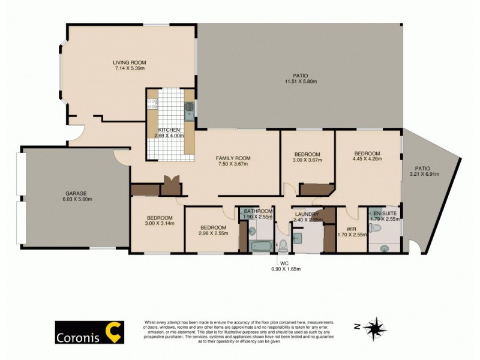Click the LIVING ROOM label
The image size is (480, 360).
coord(130,62)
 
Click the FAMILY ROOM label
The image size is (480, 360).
coord(233,158)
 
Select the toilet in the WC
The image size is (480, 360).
coord(283,245)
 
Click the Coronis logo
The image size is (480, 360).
coord(89,332)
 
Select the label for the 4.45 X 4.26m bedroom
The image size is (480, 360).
coord(367,153)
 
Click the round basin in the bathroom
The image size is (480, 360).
coord(251,230)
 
